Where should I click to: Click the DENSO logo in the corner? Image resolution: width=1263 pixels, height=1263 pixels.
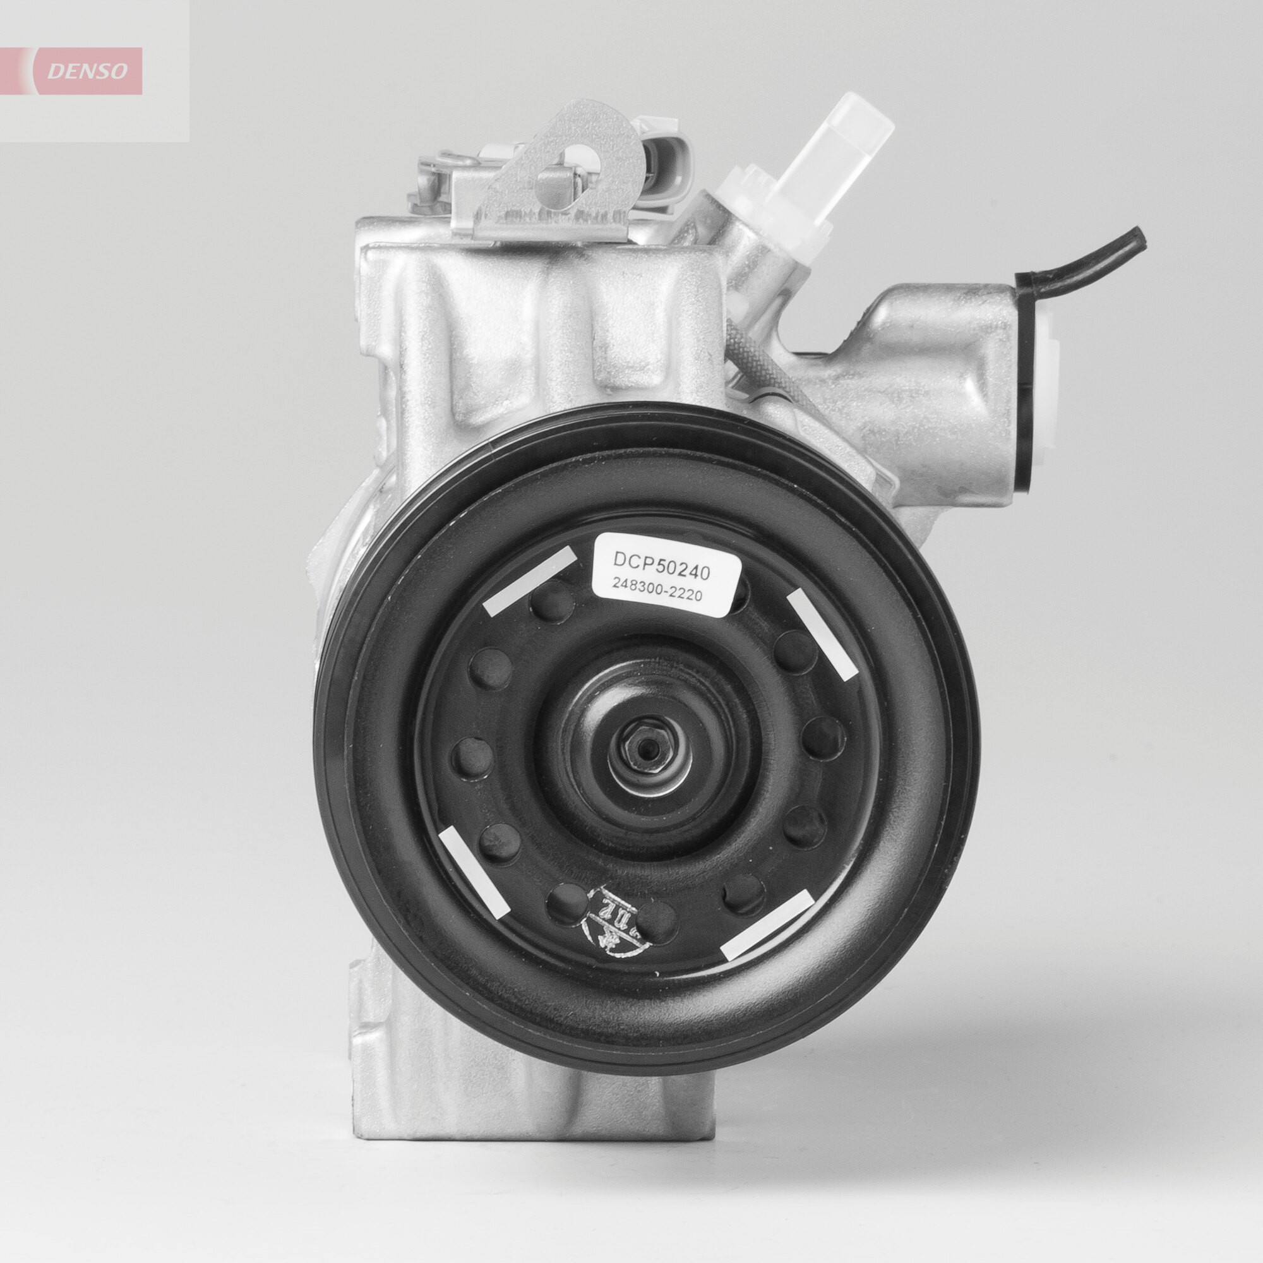pos(85,71)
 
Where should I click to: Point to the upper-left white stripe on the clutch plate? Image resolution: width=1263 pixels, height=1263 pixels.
pos(531,580)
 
